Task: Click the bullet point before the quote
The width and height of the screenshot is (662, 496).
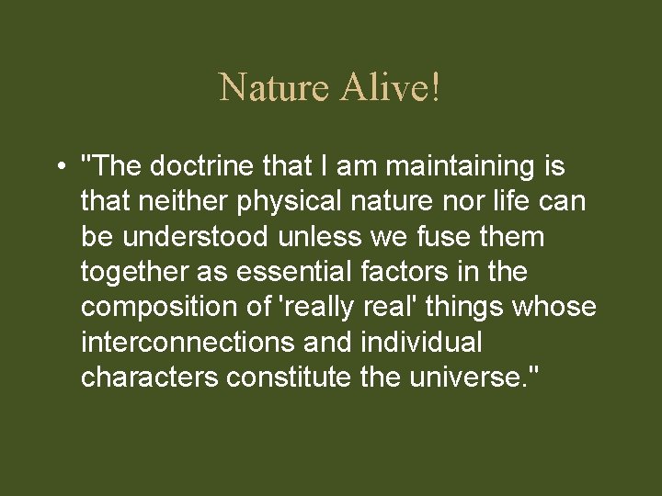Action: [59, 168]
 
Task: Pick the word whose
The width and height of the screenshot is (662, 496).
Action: [557, 307]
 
